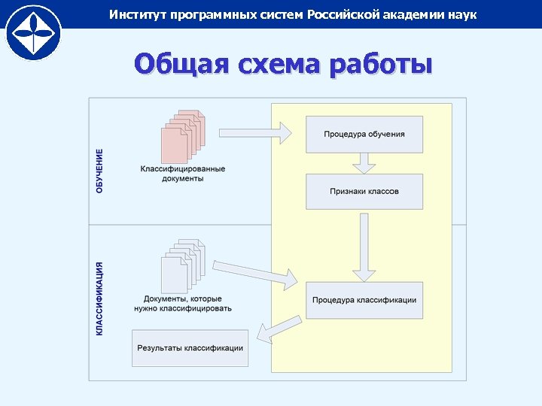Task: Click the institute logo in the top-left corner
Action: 33,32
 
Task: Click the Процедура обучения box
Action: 364,135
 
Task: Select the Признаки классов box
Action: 364,192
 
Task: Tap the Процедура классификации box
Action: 364,300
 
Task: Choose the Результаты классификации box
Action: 190,348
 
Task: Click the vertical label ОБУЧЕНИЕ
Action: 100,171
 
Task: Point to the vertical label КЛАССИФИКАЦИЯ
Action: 100,298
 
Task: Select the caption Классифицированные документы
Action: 182,174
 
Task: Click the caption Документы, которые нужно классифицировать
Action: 182,304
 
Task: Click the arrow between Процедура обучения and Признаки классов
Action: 364,163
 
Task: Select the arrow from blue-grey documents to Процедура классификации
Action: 256,271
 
